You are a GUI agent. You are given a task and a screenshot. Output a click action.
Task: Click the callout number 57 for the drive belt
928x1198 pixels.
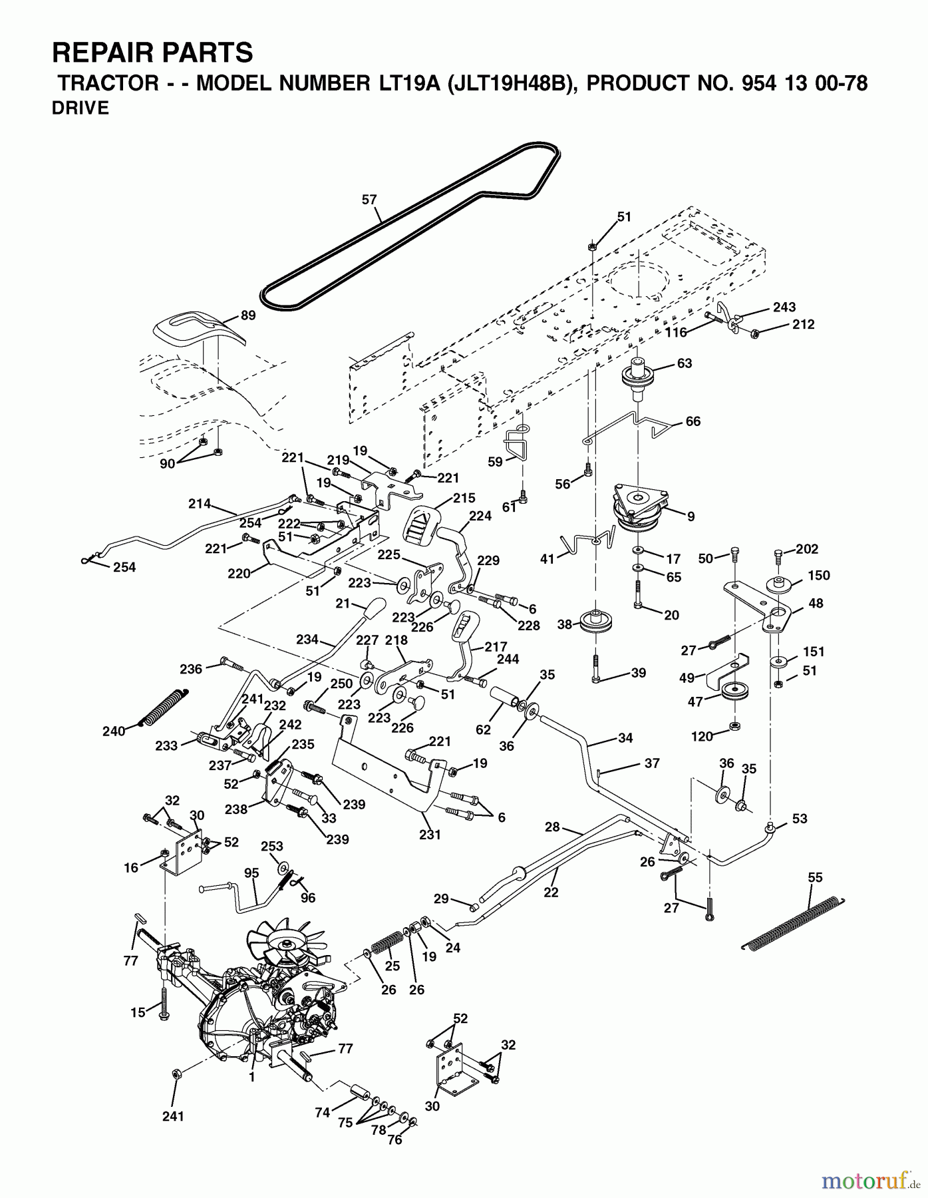369,199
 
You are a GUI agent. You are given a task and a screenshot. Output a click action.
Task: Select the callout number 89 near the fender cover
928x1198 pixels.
248,315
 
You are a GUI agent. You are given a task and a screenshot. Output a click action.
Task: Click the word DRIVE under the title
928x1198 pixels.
80,108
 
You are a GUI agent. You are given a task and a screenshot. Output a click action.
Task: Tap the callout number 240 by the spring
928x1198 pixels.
114,731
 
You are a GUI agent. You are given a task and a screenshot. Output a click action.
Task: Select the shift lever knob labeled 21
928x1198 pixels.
374,608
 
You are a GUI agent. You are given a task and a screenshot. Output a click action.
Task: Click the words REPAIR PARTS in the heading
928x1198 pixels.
152,52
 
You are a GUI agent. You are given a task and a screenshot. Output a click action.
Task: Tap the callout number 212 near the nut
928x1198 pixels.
803,324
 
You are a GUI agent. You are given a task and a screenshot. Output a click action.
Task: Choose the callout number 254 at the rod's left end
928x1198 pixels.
124,567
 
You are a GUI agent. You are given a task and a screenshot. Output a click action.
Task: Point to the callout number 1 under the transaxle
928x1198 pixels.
252,1078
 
